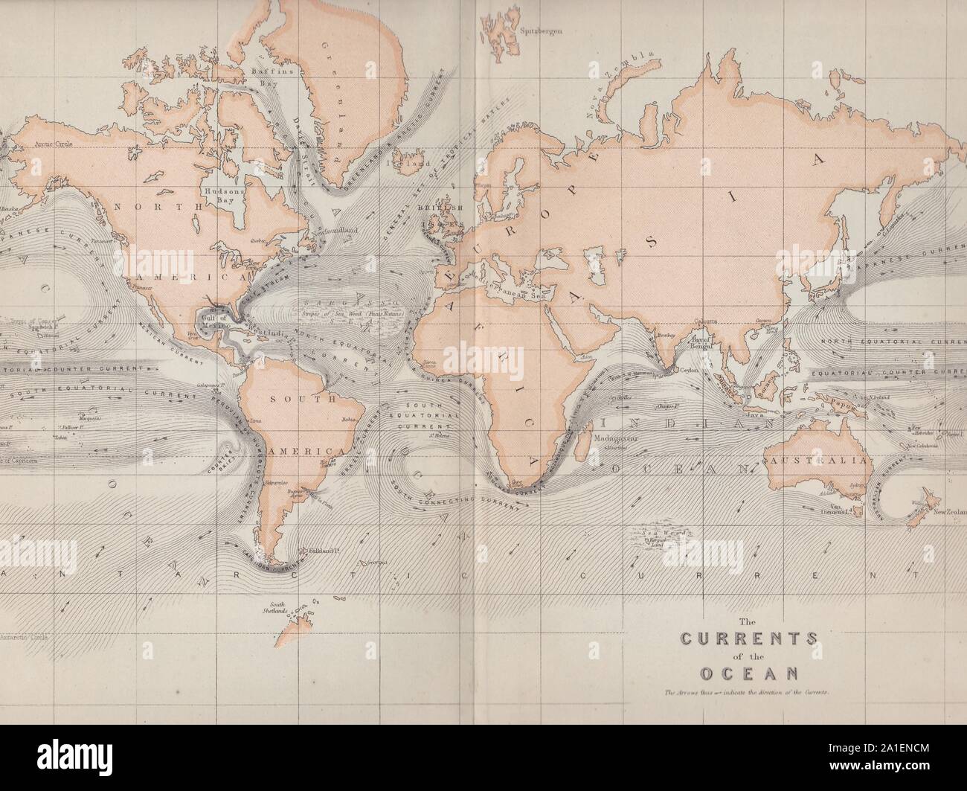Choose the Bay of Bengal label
tap(702, 345)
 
